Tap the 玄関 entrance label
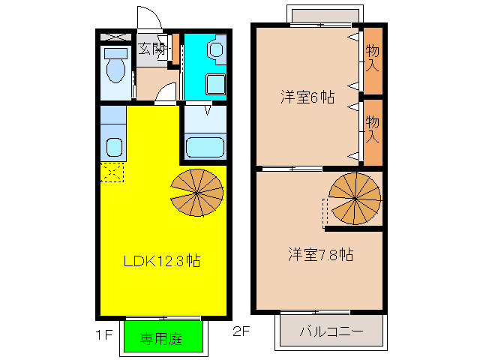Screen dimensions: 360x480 pos(152,49)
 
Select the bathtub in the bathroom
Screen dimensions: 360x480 pos(204,146)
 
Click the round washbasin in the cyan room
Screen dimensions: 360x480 pos(216,50)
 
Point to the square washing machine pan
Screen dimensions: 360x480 pos(215,85)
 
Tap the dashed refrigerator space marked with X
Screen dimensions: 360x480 pos(111,172)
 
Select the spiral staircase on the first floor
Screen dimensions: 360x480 pos(196,192)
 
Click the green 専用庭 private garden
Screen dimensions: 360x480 pos(163,337)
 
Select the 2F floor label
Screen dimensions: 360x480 pos(241,331)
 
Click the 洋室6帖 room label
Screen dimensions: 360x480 pos(307,97)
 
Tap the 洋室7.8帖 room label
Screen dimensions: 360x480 pos(319,254)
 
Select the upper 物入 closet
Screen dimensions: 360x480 pos(372,58)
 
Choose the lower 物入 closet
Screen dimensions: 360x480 pos(372,130)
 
